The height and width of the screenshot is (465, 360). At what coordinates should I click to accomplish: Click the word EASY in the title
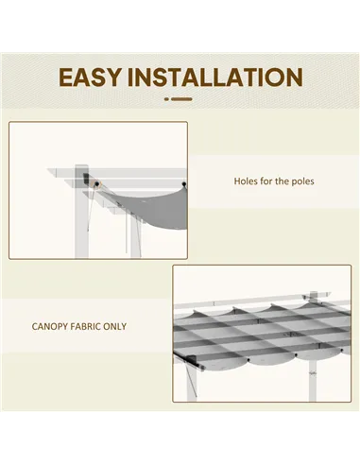[94, 77]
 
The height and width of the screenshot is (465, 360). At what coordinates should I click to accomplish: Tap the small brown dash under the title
[182, 98]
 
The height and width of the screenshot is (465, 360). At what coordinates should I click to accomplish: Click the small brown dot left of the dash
[166, 98]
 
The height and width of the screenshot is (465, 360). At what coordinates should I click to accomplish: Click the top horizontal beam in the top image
[123, 170]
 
